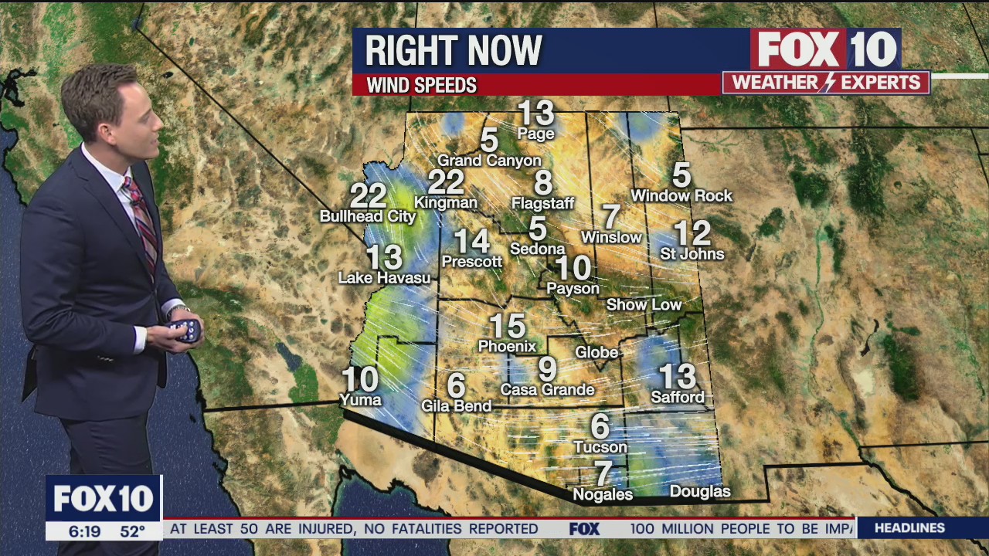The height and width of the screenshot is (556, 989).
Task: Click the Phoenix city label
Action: pyautogui.click(x=507, y=346)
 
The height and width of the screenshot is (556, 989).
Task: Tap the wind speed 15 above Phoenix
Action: pyautogui.click(x=507, y=325)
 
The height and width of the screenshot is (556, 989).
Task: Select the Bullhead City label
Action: pyautogui.click(x=368, y=217)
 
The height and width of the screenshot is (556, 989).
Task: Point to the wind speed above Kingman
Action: pyautogui.click(x=446, y=182)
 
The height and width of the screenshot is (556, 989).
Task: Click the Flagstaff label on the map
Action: pyautogui.click(x=543, y=204)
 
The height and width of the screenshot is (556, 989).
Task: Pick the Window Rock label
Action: pyautogui.click(x=681, y=196)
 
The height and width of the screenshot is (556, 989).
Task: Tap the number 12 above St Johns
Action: pyautogui.click(x=692, y=232)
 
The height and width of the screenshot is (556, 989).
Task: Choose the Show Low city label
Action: pyautogui.click(x=644, y=305)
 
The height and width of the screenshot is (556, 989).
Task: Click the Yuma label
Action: pyautogui.click(x=360, y=399)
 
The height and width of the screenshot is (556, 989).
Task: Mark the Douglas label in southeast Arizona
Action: pyautogui.click(x=700, y=492)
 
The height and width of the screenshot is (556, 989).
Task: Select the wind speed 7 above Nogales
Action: pyautogui.click(x=603, y=473)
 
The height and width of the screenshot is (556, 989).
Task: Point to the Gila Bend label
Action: pyautogui.click(x=456, y=406)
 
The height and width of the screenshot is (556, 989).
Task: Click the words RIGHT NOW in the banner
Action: pyautogui.click(x=454, y=51)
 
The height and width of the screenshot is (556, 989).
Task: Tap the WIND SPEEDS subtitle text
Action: pyautogui.click(x=421, y=85)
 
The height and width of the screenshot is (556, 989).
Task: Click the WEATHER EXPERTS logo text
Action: pyautogui.click(x=826, y=83)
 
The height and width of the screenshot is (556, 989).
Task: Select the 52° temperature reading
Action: pyautogui.click(x=132, y=531)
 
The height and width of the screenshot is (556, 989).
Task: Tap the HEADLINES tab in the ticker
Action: pyautogui.click(x=909, y=528)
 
